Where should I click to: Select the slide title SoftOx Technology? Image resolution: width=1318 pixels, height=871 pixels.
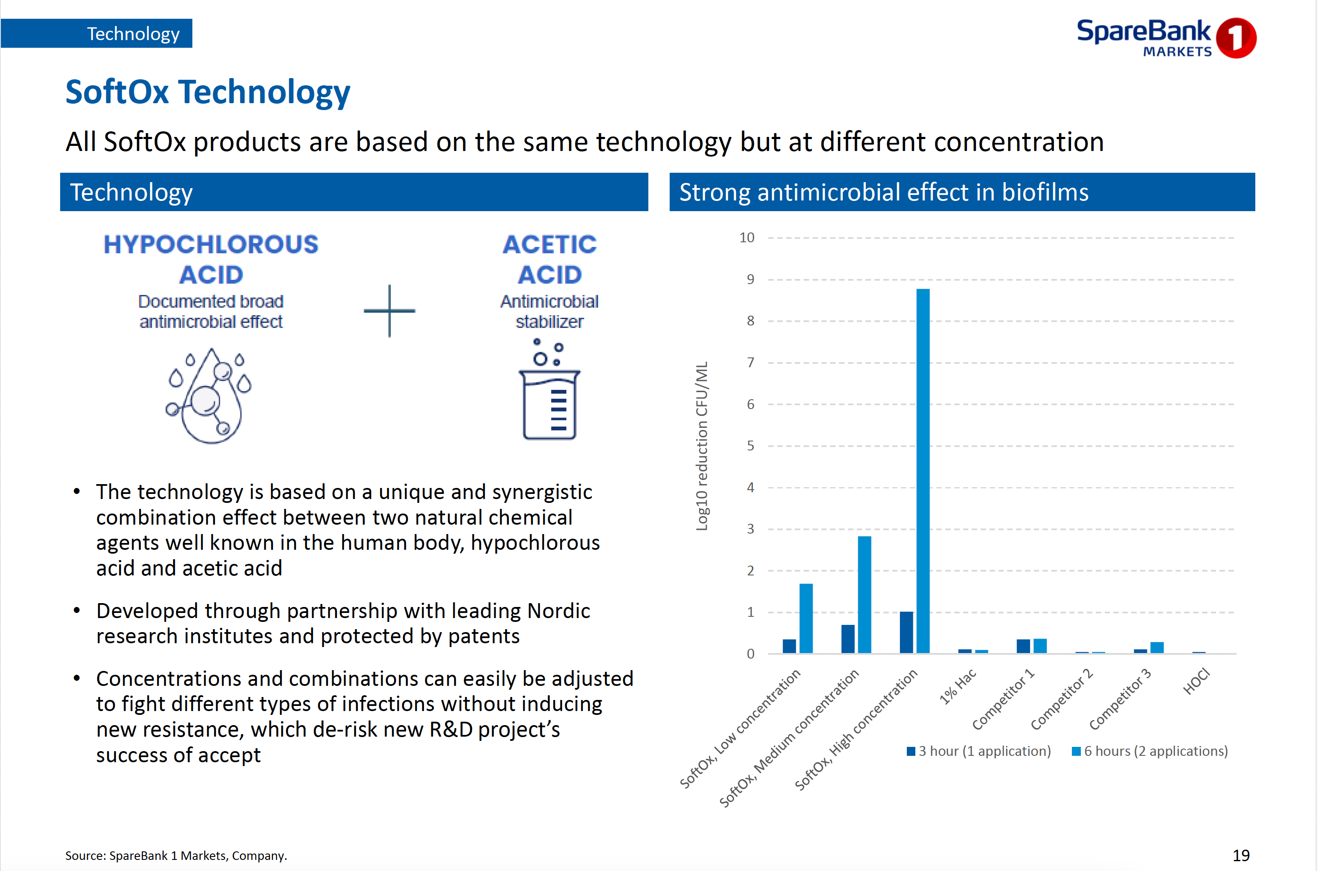tap(208, 92)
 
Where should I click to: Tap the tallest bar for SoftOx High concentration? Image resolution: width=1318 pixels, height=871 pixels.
tap(923, 471)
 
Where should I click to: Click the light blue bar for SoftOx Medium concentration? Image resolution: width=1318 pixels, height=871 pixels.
tap(864, 594)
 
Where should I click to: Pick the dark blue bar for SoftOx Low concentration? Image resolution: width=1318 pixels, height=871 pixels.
tap(789, 646)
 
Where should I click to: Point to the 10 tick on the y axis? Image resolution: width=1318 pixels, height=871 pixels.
tap(746, 238)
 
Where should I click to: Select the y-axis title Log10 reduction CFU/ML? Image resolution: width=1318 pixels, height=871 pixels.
tap(702, 446)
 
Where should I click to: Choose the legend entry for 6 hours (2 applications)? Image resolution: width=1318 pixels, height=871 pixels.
tap(1150, 751)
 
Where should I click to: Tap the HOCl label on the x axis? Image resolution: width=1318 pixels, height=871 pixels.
tap(1196, 682)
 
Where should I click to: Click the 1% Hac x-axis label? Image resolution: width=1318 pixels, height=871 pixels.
tap(958, 687)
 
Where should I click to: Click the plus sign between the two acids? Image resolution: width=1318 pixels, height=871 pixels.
tap(389, 311)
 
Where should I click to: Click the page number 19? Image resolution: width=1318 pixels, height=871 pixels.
tap(1241, 856)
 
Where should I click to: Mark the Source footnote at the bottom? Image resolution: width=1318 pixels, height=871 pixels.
tap(176, 856)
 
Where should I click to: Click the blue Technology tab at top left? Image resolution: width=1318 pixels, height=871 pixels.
tap(97, 33)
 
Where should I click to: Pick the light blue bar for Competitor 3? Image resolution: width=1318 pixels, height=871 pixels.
tap(1157, 647)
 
